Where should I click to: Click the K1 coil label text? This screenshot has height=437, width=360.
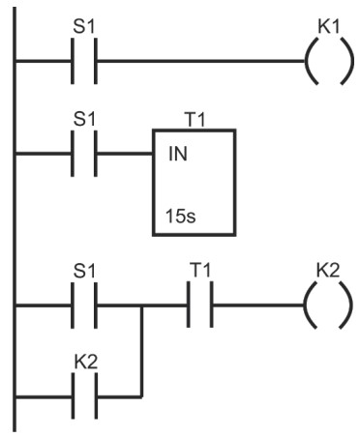click(x=329, y=26)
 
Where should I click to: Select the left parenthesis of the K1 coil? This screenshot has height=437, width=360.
click(x=310, y=61)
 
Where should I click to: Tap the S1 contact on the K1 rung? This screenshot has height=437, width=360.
click(x=84, y=61)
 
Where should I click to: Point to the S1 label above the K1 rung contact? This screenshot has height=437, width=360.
click(x=84, y=26)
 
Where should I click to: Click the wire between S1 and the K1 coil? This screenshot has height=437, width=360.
click(x=200, y=61)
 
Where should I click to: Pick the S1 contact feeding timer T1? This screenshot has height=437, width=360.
click(x=84, y=154)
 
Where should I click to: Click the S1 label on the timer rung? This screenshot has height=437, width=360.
click(x=84, y=119)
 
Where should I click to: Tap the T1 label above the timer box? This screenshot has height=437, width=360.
click(x=195, y=120)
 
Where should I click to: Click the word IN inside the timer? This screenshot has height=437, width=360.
click(x=178, y=154)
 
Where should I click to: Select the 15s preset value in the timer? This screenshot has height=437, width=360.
click(x=181, y=216)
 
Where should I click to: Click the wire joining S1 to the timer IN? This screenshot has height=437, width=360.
click(x=125, y=154)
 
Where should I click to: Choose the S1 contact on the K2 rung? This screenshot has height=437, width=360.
click(x=84, y=306)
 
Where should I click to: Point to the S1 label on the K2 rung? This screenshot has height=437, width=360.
click(x=84, y=271)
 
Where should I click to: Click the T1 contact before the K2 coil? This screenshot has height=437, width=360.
click(x=200, y=305)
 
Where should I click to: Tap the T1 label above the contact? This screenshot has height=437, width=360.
click(x=200, y=270)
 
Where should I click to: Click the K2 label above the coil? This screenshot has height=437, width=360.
click(x=328, y=271)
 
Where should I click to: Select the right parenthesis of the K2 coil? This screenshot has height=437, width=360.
click(x=345, y=306)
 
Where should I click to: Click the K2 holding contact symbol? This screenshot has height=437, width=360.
click(x=84, y=396)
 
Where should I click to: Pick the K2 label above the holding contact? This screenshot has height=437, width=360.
click(x=85, y=362)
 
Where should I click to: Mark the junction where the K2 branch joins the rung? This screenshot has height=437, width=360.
click(x=141, y=306)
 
